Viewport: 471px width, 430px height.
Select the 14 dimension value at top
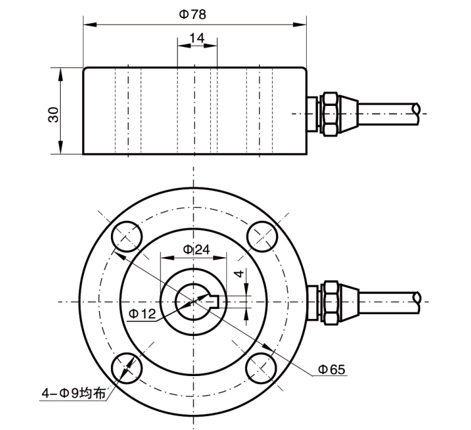(197, 38)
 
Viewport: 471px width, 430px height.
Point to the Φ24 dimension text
(196, 249)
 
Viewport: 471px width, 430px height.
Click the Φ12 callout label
(142, 312)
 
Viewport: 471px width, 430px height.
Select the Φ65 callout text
(331, 370)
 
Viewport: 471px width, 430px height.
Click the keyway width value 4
(236, 274)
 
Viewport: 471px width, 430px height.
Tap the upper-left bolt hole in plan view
(127, 237)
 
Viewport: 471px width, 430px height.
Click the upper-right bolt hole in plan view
(262, 236)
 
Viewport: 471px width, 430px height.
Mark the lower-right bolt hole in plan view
(262, 369)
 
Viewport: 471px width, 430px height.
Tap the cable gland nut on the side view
(330, 113)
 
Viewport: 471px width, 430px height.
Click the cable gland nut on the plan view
(330, 302)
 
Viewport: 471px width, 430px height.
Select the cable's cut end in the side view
(416, 113)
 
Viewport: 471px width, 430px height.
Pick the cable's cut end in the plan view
(416, 302)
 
